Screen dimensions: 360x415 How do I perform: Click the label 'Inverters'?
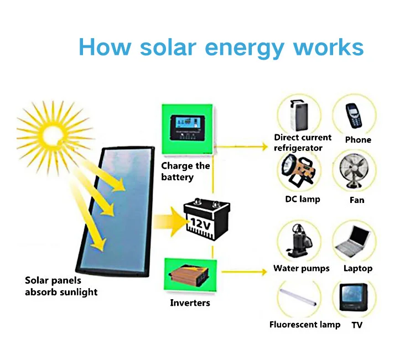tap(190, 303)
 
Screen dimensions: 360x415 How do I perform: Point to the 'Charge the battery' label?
tap(185, 171)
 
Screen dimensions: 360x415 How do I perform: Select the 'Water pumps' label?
tap(302, 269)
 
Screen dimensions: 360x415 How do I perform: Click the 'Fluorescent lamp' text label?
tap(305, 325)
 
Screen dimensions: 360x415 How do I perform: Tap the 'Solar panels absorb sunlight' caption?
tap(61, 286)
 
